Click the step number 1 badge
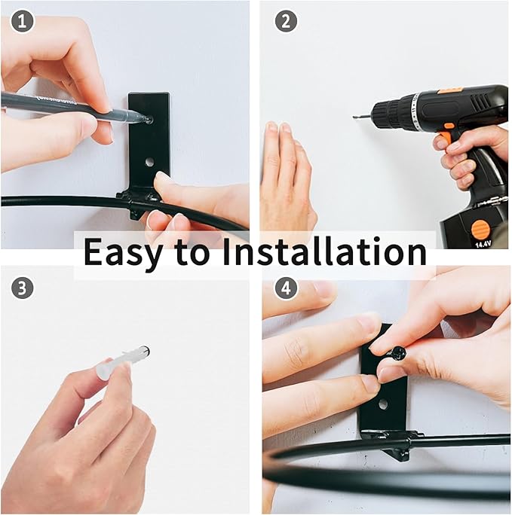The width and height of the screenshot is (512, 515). click(x=23, y=21)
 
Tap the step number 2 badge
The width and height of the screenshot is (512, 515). click(x=286, y=21)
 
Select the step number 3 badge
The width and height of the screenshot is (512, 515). click(x=23, y=288)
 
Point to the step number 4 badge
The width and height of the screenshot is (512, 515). click(x=286, y=288)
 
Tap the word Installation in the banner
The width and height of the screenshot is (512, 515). click(x=324, y=251)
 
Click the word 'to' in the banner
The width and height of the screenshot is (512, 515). click(x=192, y=253)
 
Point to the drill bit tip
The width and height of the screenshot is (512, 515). click(x=354, y=117)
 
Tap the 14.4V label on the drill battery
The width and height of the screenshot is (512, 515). click(x=482, y=244)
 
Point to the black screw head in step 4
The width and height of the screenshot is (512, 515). click(x=399, y=353)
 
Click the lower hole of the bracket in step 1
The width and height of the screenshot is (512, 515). click(x=150, y=162)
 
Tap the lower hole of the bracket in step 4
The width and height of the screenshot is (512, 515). click(x=382, y=404)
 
